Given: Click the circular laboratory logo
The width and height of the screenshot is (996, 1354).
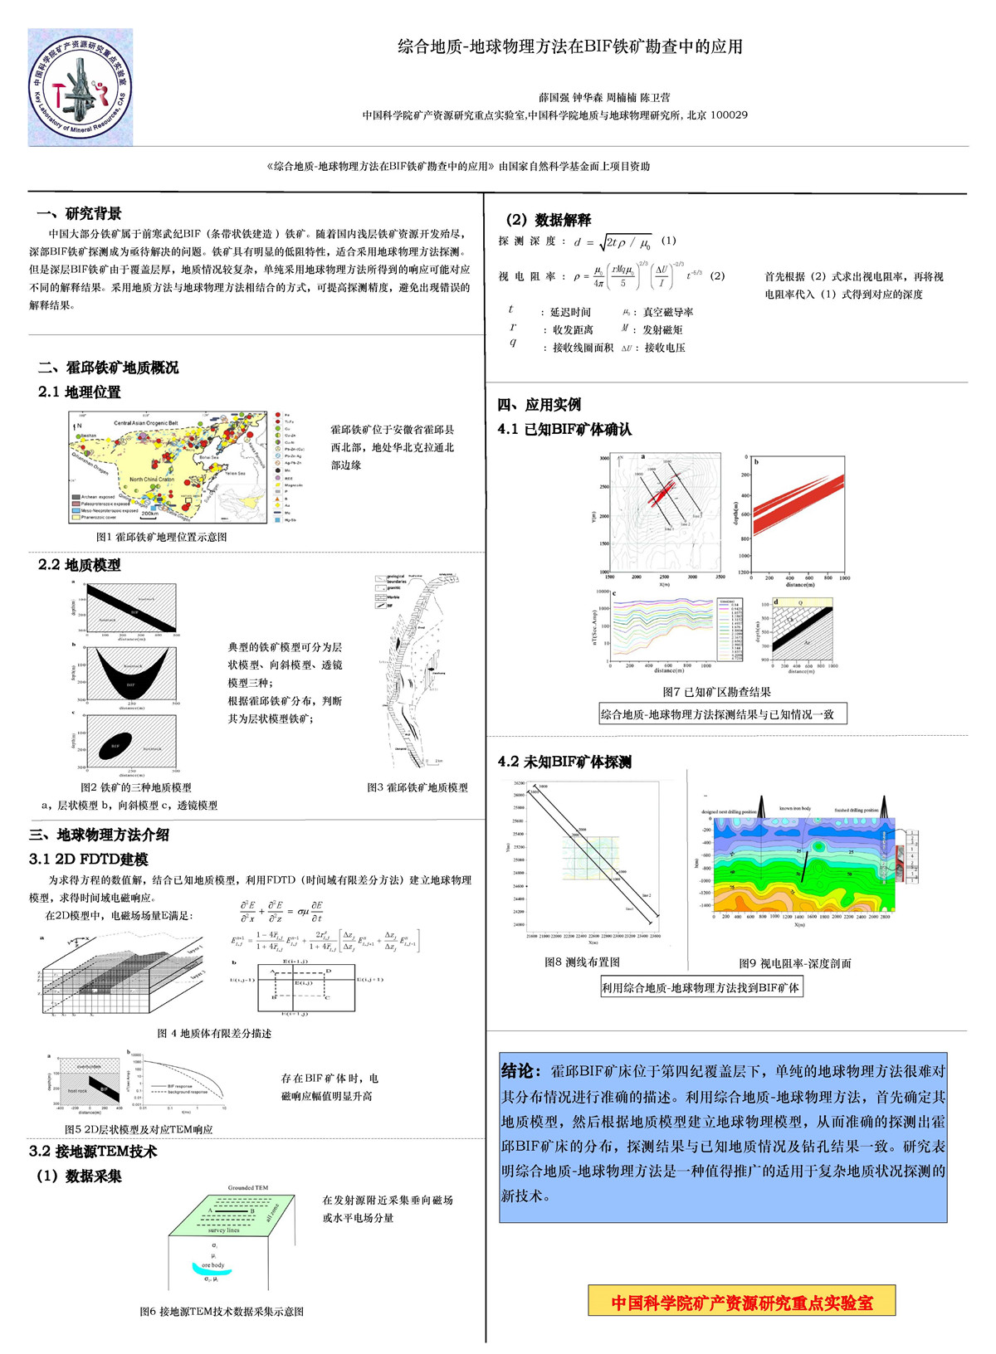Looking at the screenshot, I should pyautogui.click(x=80, y=87).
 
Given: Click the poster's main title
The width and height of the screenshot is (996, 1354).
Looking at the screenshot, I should pyautogui.click(x=569, y=46).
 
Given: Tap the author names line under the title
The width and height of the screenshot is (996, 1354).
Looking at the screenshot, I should pyautogui.click(x=604, y=97).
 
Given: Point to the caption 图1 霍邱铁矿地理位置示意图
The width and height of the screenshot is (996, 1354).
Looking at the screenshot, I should pyautogui.click(x=162, y=537).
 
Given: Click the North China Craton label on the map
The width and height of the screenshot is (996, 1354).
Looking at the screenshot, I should pyautogui.click(x=152, y=480).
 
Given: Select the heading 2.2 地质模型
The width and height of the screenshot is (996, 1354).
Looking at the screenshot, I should pyautogui.click(x=80, y=565).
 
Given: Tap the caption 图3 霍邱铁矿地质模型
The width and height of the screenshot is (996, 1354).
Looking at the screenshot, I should pyautogui.click(x=417, y=787).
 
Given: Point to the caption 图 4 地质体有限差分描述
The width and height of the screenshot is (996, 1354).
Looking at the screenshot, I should pyautogui.click(x=214, y=1033).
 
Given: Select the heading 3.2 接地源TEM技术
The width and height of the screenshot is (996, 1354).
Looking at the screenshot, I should pyautogui.click(x=93, y=1152).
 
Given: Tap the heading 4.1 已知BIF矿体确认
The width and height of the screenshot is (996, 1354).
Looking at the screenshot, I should pyautogui.click(x=564, y=429).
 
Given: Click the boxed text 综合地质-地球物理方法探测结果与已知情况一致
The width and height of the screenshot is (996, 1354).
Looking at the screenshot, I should pyautogui.click(x=722, y=714).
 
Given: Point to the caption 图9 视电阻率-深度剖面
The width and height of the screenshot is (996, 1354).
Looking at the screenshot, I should pyautogui.click(x=794, y=963).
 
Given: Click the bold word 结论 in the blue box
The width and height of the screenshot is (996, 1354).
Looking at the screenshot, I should pyautogui.click(x=521, y=1071).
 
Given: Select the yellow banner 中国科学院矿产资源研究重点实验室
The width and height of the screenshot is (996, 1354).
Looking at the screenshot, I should pyautogui.click(x=742, y=1303).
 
